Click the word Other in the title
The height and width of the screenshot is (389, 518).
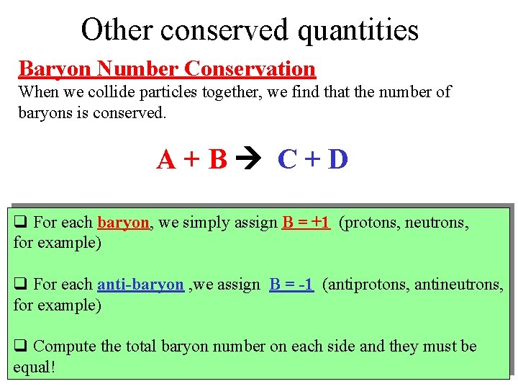(x=117, y=30)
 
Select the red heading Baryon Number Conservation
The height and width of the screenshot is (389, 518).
(x=167, y=69)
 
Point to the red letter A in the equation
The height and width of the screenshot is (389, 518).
(x=167, y=160)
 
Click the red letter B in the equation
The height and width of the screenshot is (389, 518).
(x=217, y=160)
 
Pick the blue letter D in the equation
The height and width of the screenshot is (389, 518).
(x=337, y=160)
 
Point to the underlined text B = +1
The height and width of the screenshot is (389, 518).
(x=306, y=223)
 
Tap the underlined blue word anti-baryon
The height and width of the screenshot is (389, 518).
(x=140, y=285)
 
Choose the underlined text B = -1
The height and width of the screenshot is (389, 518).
(x=291, y=285)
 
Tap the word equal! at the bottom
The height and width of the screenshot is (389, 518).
(x=35, y=367)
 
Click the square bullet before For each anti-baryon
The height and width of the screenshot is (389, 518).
(x=20, y=285)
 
